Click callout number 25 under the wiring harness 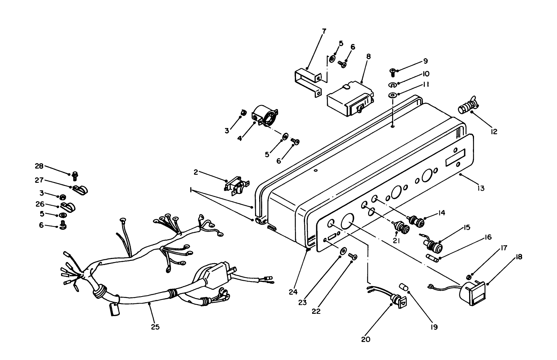[155, 327]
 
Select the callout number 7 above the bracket [324, 31]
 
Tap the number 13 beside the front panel [481, 188]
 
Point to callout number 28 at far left [39, 166]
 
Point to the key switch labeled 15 [433, 246]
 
